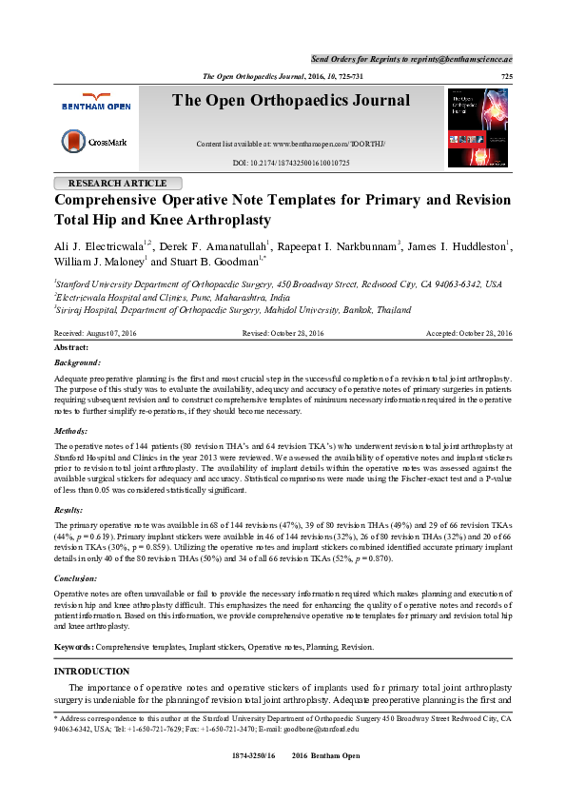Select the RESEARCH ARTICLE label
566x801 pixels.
(117, 184)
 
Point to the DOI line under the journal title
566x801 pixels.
(291, 164)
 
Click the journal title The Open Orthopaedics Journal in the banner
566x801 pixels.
(291, 101)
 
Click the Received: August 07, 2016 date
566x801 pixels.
(95, 333)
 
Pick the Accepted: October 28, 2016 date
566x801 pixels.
(469, 333)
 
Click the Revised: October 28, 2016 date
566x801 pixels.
(283, 333)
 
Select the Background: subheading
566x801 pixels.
(77, 362)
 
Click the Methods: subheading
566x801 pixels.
(71, 431)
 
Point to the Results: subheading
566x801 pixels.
(69, 510)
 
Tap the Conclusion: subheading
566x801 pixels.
(77, 577)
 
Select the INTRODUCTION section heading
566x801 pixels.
(92, 672)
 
